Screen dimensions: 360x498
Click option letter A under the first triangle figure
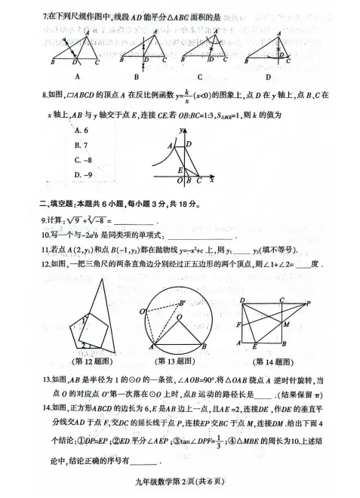point(78,76)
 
